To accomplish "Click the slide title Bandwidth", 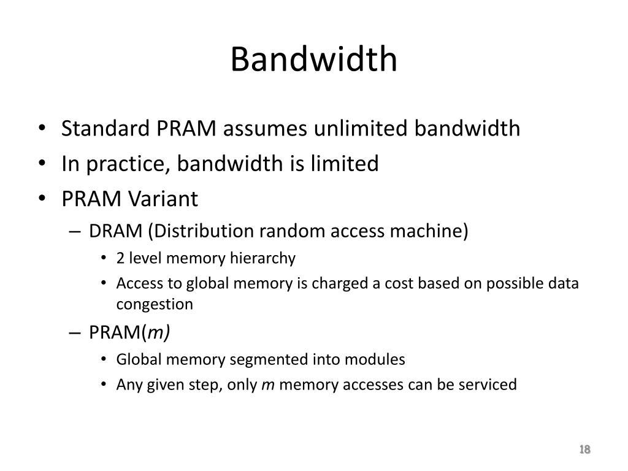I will (314, 59).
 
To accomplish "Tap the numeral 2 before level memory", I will (120, 258).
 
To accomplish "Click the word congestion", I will (155, 304).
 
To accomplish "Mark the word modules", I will (378, 359).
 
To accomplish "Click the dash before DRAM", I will (75, 232).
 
